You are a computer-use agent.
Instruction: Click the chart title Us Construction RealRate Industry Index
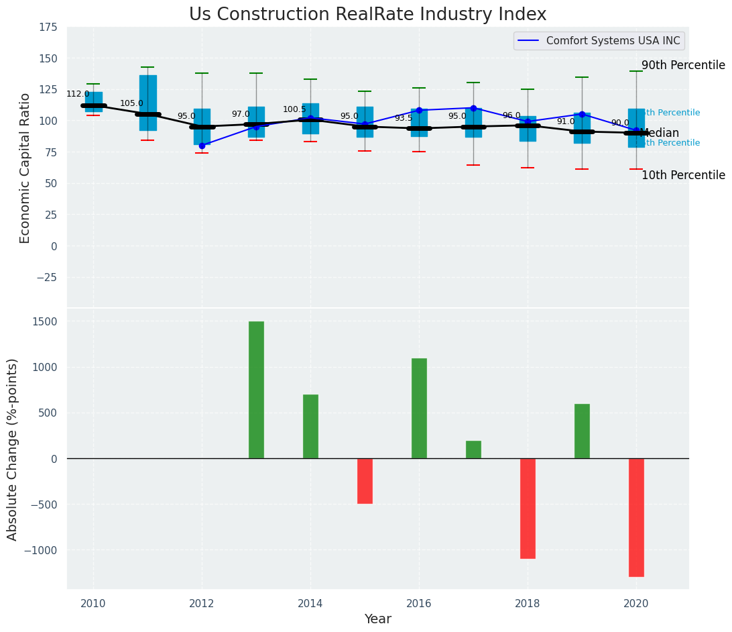pos(367,15)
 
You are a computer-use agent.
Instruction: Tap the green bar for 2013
pos(256,390)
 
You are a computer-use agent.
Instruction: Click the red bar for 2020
pos(636,517)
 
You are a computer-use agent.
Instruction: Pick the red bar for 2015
pos(365,480)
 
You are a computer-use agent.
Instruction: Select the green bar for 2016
pos(419,408)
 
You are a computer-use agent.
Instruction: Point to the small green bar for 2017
pos(473,450)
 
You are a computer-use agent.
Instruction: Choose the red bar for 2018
pos(528,508)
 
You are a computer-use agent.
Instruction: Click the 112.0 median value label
pos(78,94)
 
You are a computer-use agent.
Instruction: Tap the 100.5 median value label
pos(294,109)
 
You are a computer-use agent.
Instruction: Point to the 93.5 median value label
pos(404,118)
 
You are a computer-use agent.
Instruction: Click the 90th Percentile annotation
pos(683,65)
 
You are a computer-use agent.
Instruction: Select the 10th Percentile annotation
pos(683,175)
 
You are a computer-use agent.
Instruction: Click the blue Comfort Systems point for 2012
pos(202,146)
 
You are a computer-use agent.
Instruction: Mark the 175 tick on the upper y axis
pos(48,28)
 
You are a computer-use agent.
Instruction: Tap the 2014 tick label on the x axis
pos(310,603)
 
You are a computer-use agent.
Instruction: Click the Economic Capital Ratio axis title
pos(25,168)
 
